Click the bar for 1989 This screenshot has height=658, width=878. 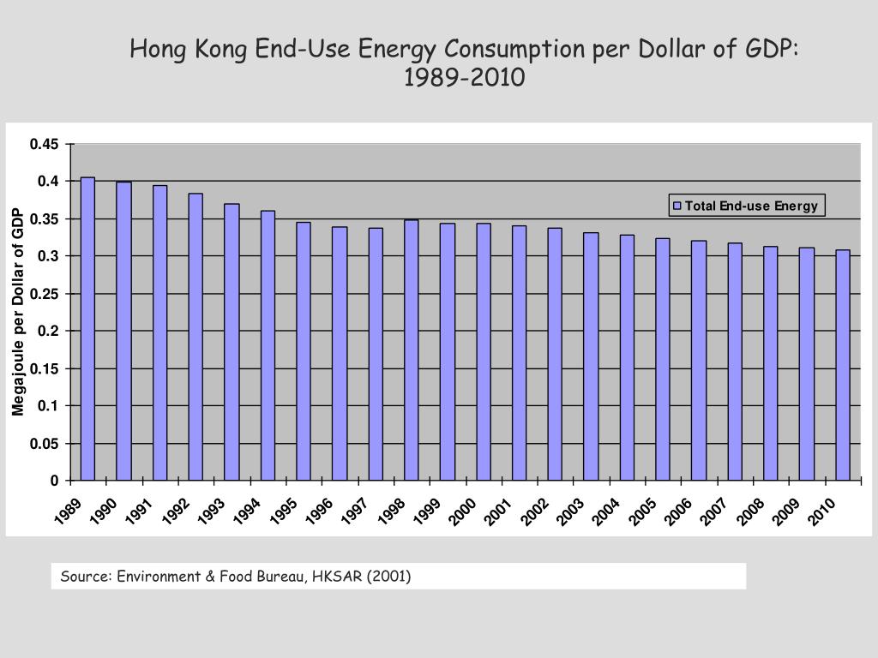point(87,329)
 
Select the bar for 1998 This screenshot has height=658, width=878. point(412,350)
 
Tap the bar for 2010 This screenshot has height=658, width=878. point(843,365)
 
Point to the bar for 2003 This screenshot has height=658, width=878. point(591,356)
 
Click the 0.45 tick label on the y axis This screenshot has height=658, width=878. point(45,144)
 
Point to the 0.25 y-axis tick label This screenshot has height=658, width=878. point(45,294)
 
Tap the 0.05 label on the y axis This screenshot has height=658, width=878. point(45,444)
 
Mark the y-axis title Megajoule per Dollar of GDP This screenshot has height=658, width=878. point(18,312)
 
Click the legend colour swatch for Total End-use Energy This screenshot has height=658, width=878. point(677,206)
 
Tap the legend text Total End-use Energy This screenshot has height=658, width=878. point(751,206)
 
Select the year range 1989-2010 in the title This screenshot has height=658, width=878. point(464,79)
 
